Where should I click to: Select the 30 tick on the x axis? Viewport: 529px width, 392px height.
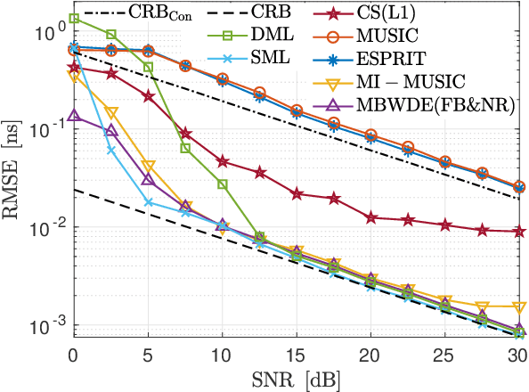coord(518,355)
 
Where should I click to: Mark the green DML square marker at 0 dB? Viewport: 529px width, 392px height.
coord(75,18)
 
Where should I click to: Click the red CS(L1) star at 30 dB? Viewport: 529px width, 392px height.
coord(519,232)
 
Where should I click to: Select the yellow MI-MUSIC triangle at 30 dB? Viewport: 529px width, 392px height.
coord(519,307)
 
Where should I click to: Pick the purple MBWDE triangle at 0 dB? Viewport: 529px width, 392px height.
coord(75,115)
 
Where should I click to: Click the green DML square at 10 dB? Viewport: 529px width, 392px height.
coord(223,184)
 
